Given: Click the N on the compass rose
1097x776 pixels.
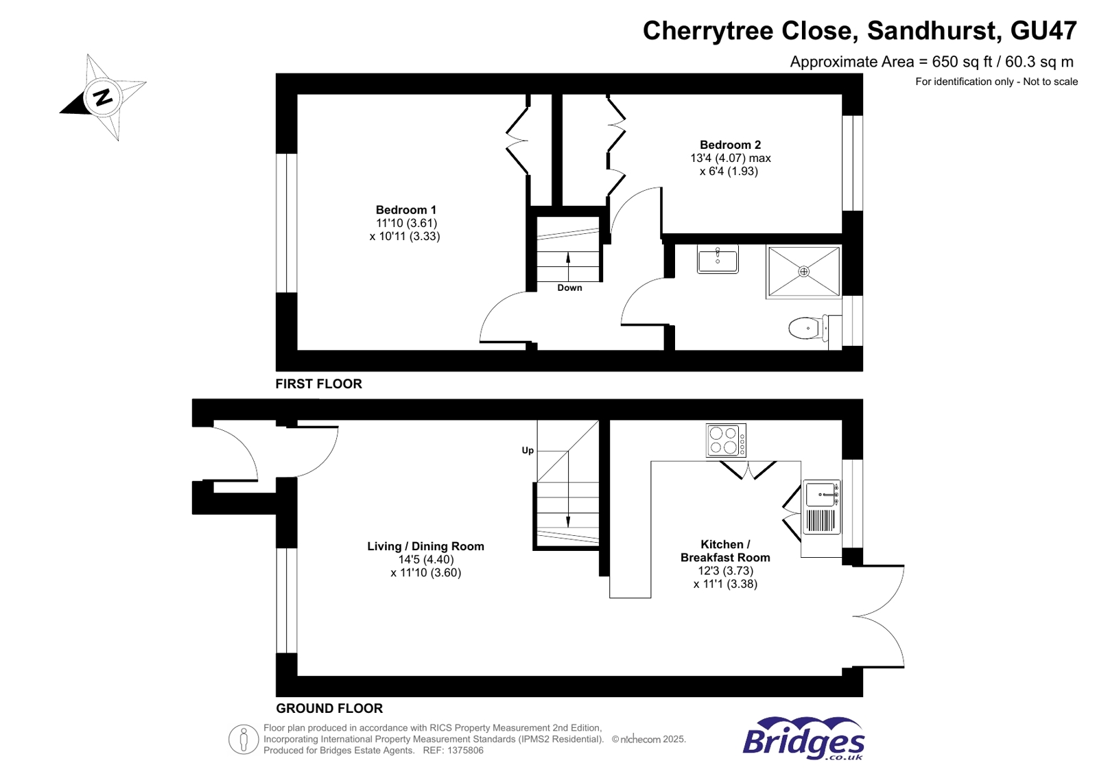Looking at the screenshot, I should [103, 97].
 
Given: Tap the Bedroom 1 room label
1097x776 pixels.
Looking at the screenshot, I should [405, 210].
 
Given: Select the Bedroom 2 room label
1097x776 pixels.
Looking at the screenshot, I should [730, 145].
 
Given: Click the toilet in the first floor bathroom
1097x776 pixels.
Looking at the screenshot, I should [806, 328].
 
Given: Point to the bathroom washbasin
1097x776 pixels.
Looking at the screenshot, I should [718, 260].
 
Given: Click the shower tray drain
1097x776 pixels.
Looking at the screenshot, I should [803, 272].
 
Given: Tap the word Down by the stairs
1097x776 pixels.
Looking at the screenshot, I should [569, 287].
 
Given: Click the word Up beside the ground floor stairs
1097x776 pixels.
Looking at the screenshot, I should [528, 451].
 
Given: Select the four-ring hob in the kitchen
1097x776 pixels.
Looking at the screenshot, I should [724, 440].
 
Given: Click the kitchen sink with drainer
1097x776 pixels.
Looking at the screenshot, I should [822, 508].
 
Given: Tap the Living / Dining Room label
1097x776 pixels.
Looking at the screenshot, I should [425, 546].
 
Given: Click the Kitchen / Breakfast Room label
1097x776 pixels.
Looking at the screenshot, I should [725, 551].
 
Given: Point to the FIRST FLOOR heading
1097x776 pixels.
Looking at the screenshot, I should [318, 384].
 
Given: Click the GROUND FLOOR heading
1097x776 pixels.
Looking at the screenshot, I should [329, 708].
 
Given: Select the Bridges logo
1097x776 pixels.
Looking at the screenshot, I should [803, 739].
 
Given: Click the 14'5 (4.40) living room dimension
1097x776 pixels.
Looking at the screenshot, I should [425, 559].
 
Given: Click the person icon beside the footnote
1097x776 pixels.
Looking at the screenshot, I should [243, 740].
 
